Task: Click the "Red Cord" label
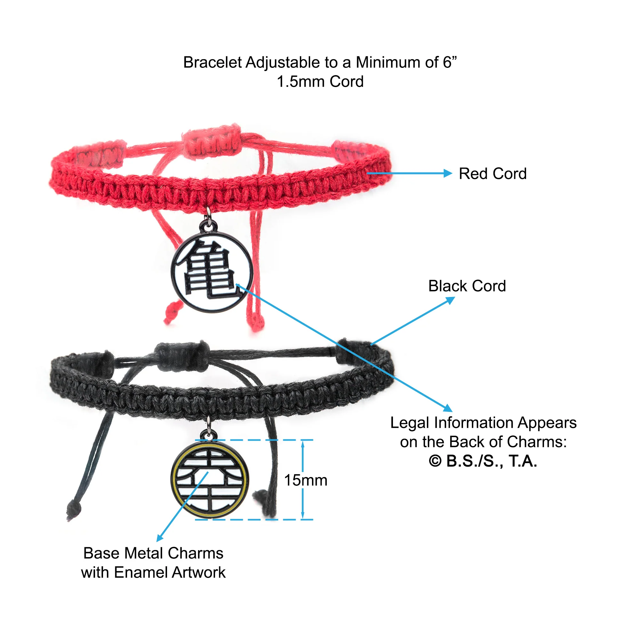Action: pos(492,173)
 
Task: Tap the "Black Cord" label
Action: pos(467,286)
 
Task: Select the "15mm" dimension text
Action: pos(306,480)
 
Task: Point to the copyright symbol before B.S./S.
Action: pos(435,461)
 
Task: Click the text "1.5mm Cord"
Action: pos(320,82)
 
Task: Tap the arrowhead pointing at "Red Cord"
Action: pos(448,173)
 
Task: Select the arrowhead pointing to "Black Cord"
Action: pos(451,300)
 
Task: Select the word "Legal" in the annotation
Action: pos(410,423)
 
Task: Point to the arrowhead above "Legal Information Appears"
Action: pos(448,408)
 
